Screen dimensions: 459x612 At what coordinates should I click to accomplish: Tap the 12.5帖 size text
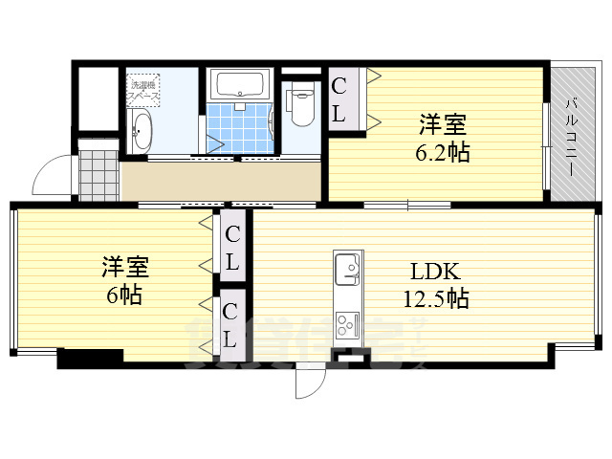[x=435, y=298]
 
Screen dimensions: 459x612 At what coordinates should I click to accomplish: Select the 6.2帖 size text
[x=443, y=152]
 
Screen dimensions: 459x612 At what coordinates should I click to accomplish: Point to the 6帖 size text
[x=124, y=295]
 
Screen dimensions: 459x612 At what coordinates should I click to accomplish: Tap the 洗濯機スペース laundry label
[x=145, y=92]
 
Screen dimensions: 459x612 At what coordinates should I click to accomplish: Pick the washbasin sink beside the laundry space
[x=140, y=131]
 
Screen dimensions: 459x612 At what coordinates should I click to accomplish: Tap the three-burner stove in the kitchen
[x=345, y=323]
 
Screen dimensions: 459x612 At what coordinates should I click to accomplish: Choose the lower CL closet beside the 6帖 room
[x=230, y=325]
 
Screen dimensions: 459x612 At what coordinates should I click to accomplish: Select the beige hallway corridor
[x=220, y=182]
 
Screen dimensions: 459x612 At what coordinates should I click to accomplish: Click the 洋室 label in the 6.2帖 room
[x=443, y=125]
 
